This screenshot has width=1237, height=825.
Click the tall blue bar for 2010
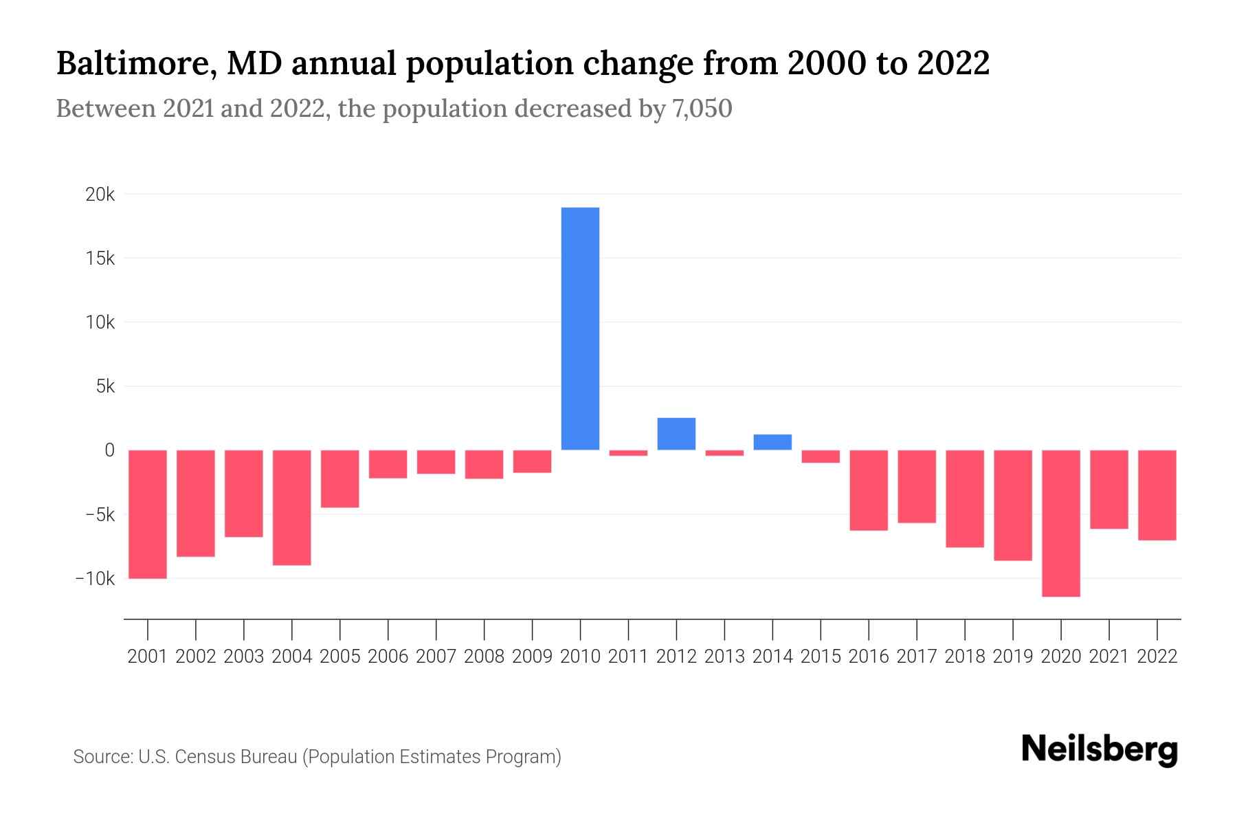coord(580,329)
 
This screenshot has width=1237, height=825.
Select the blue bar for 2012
coord(676,434)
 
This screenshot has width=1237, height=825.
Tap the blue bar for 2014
coord(772,442)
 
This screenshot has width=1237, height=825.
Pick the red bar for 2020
coord(1060,522)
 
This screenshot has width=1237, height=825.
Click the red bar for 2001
coord(148,514)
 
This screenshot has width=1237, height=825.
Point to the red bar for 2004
coord(292,507)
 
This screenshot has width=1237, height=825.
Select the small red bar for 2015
coord(821,456)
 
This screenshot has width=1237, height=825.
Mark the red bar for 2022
coord(1157,495)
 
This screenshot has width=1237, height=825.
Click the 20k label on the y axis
coord(100,195)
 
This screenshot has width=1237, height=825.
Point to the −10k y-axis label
coord(95,578)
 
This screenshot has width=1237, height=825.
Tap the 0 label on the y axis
coord(109,450)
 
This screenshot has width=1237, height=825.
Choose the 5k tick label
coord(105,386)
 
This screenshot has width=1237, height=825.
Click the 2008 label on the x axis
coord(484,657)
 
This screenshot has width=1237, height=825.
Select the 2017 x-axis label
coord(916,657)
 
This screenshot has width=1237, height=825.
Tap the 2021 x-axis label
coord(1108,657)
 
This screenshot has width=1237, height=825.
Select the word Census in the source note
coord(205,757)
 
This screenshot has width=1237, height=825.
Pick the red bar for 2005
coord(340,478)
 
